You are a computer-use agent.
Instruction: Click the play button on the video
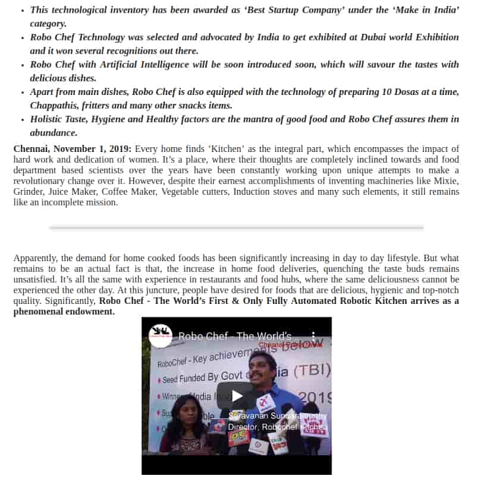coord(237,396)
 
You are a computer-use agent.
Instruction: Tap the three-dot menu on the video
coord(314,337)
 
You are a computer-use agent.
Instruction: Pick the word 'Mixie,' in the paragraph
coord(444,181)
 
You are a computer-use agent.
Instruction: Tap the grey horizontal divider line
coord(236,227)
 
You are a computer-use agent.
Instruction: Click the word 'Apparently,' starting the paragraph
coord(35,258)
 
